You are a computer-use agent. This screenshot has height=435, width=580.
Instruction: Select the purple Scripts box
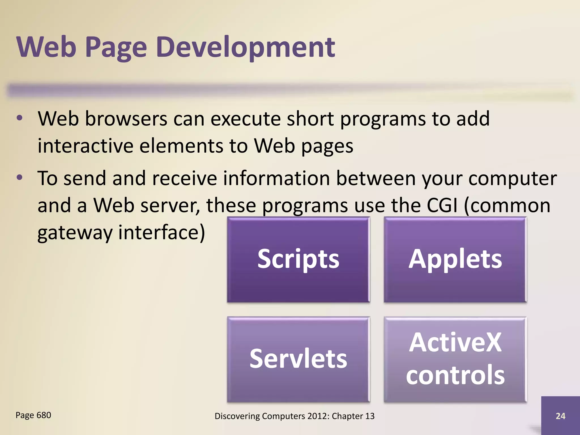(298, 259)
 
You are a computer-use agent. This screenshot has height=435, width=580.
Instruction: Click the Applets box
(455, 259)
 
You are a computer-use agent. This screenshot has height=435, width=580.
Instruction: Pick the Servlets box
(298, 359)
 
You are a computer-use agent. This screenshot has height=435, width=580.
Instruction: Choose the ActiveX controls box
(455, 359)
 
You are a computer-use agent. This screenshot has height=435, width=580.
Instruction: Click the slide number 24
(560, 416)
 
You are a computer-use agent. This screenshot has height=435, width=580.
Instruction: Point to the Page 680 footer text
(33, 415)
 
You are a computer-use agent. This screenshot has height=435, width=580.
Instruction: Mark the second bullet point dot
(19, 178)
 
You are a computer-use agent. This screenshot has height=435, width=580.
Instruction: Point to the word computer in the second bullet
(512, 178)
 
